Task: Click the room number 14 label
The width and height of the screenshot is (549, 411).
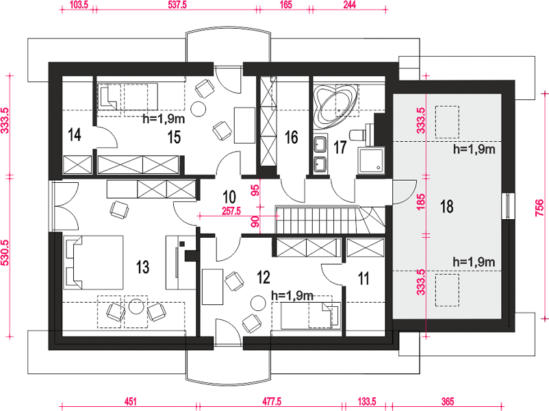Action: pyautogui.click(x=75, y=135)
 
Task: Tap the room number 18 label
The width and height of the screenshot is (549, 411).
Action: pyautogui.click(x=447, y=206)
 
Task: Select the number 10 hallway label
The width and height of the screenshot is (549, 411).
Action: pyautogui.click(x=229, y=197)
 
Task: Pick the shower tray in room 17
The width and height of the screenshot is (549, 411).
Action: pyautogui.click(x=371, y=160)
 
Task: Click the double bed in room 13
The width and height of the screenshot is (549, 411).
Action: pyautogui.click(x=94, y=262)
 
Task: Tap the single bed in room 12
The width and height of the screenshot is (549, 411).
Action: pyautogui.click(x=311, y=316)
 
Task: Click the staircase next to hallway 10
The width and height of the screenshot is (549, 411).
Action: pyautogui.click(x=331, y=220)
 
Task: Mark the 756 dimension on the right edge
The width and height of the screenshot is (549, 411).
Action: pyautogui.click(x=540, y=208)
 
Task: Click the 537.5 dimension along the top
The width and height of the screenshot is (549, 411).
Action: pyautogui.click(x=175, y=5)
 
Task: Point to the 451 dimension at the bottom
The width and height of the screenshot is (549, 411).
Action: pyautogui.click(x=130, y=401)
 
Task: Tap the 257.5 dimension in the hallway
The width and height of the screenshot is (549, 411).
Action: pyautogui.click(x=231, y=211)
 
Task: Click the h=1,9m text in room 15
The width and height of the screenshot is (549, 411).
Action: pyautogui.click(x=164, y=119)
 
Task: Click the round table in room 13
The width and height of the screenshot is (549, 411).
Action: pyautogui.click(x=136, y=307)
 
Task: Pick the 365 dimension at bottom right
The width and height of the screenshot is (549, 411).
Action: pyautogui.click(x=448, y=401)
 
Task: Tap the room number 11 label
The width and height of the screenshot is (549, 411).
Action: pyautogui.click(x=363, y=279)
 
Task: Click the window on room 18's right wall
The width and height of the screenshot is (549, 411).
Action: pyautogui.click(x=507, y=206)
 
